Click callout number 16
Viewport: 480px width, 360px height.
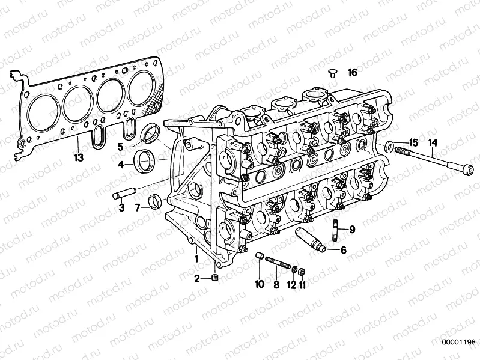[x=352, y=73]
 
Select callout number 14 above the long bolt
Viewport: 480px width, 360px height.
[x=433, y=142]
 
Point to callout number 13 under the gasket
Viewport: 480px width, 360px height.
[x=77, y=157]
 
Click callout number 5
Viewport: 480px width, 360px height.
[x=120, y=145]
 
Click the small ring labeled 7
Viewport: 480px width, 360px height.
[x=155, y=201]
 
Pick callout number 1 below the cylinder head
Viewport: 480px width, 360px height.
[x=196, y=258]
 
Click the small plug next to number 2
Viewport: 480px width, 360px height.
[x=214, y=278]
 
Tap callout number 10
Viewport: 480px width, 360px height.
[x=260, y=285]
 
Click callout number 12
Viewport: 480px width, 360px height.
[x=291, y=285]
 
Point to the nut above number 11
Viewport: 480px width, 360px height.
[x=303, y=270]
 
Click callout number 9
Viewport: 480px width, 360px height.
[x=352, y=229]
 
